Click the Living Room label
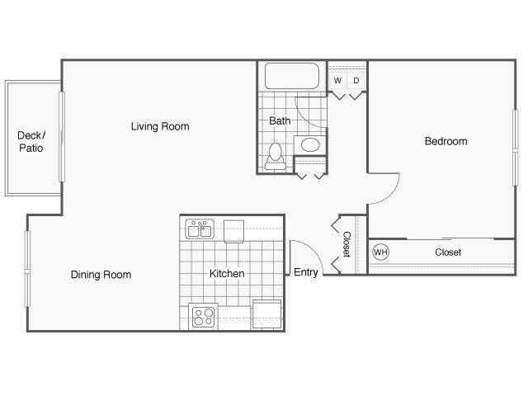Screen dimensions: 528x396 pyautogui.click(x=160, y=126)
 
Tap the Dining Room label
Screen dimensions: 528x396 pyautogui.click(x=101, y=275)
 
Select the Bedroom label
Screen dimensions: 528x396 pyautogui.click(x=445, y=141)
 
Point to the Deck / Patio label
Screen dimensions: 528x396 pyautogui.click(x=31, y=142)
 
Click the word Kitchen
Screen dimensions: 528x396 pyautogui.click(x=227, y=273)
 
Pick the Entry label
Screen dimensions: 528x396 pyautogui.click(x=306, y=272)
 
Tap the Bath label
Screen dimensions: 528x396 pyautogui.click(x=280, y=120)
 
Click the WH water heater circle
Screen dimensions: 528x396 pyautogui.click(x=381, y=252)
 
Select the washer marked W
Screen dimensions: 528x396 pyautogui.click(x=337, y=81)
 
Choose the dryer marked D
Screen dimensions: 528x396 pyautogui.click(x=356, y=81)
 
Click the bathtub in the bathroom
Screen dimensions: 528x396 pyautogui.click(x=292, y=76)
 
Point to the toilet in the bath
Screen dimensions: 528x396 pyautogui.click(x=276, y=156)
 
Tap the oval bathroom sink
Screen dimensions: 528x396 pyautogui.click(x=310, y=145)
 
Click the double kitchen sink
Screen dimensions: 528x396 pyautogui.click(x=200, y=229)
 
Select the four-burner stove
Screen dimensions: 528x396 pyautogui.click(x=204, y=317)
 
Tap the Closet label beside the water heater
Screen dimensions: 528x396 pyautogui.click(x=448, y=252)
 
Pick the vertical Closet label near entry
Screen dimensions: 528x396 pyautogui.click(x=346, y=244)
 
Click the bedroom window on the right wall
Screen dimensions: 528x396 pyautogui.click(x=515, y=148)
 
